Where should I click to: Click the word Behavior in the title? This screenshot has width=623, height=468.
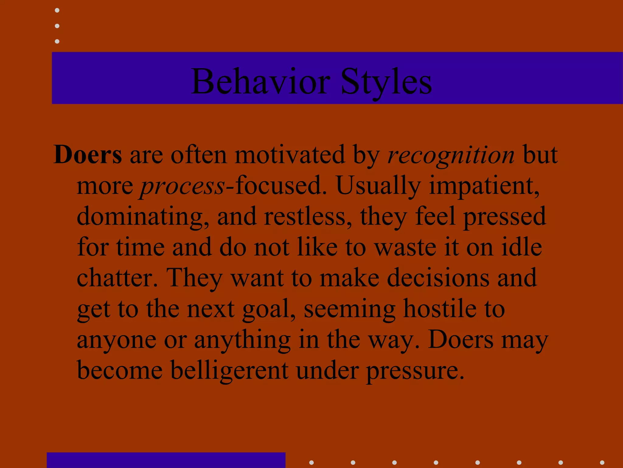pyautogui.click(x=260, y=82)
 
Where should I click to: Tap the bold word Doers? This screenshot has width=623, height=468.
pyautogui.click(x=88, y=155)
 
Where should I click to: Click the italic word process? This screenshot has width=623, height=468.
pyautogui.click(x=182, y=186)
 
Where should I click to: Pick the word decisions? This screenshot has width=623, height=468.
pyautogui.click(x=438, y=278)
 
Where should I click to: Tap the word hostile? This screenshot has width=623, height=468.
pyautogui.click(x=440, y=308)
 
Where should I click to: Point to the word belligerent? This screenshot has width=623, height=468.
pyautogui.click(x=229, y=370)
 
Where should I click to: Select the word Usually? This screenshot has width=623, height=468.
pyautogui.click(x=378, y=186)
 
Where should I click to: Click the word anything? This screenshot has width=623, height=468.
pyautogui.click(x=242, y=340)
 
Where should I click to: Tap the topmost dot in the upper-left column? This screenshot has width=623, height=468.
pyautogui.click(x=57, y=10)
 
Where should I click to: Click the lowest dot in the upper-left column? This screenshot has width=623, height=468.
pyautogui.click(x=57, y=41)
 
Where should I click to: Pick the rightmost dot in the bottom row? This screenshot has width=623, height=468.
pyautogui.click(x=602, y=463)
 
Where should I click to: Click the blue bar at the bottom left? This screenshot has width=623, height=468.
pyautogui.click(x=166, y=460)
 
